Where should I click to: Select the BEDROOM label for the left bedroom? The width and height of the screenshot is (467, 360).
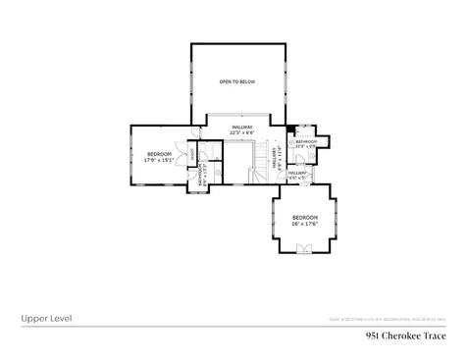[x=159, y=154]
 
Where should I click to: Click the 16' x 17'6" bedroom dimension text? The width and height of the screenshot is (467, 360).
[x=305, y=224]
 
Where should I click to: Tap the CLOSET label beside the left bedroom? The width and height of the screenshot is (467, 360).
[x=193, y=157]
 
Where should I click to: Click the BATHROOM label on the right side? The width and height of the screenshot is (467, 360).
[x=307, y=142]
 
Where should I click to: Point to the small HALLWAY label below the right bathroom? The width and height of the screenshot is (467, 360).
[x=299, y=173]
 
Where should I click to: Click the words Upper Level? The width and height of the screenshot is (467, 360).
[x=45, y=318]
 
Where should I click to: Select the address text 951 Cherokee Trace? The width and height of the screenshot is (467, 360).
[x=405, y=334]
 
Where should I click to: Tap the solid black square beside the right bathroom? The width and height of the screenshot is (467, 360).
[x=290, y=129]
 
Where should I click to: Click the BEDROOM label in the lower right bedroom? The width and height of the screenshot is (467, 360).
[x=305, y=217]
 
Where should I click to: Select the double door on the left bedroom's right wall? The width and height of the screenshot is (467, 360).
[x=184, y=157]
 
